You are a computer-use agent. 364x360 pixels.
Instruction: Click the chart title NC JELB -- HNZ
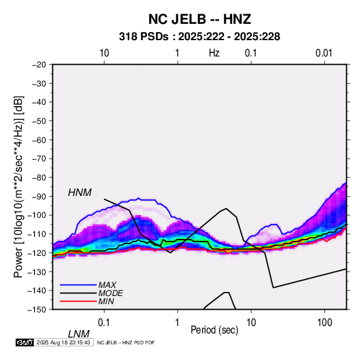click(x=199, y=19)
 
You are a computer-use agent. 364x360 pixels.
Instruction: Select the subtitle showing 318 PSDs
click(x=199, y=37)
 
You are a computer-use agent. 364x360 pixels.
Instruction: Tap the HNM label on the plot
click(x=80, y=193)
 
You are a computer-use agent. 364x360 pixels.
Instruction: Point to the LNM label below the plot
click(x=78, y=334)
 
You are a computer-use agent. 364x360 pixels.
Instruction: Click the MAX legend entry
click(x=107, y=284)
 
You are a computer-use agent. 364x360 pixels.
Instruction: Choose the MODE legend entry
click(x=110, y=293)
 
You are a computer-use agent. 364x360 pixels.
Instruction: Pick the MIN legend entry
click(x=106, y=301)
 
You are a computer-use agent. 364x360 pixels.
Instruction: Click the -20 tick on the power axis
click(x=39, y=65)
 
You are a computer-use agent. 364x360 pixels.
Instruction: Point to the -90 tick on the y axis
click(x=39, y=197)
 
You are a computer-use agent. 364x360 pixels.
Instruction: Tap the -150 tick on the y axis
click(x=37, y=310)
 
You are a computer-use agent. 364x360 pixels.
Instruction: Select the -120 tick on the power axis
click(x=37, y=253)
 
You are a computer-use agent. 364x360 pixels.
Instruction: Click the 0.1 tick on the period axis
click(x=104, y=323)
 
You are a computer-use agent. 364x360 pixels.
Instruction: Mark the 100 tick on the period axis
click(x=325, y=323)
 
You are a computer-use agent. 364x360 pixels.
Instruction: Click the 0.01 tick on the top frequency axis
click(x=324, y=53)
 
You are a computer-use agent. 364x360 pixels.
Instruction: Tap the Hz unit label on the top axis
click(x=214, y=53)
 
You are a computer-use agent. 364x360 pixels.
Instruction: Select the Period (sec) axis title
click(x=214, y=330)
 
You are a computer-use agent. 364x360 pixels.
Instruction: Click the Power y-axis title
click(x=18, y=186)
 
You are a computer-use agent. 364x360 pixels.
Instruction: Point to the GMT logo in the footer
click(x=24, y=342)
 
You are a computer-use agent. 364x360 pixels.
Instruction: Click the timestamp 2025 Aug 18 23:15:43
click(x=63, y=342)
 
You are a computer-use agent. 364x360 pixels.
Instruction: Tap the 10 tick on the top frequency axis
click(x=104, y=53)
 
